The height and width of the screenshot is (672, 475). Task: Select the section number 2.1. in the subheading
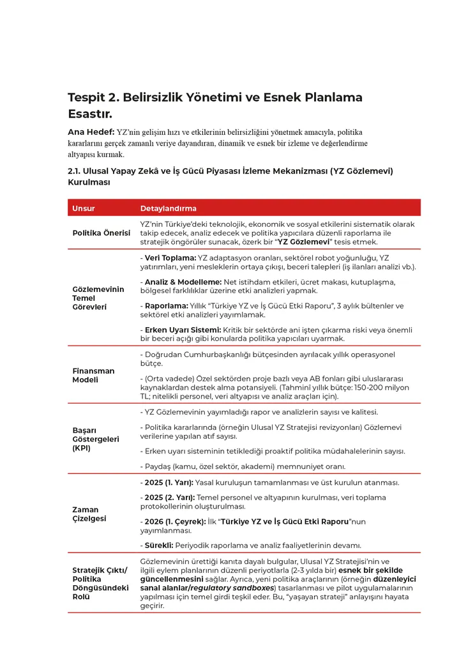point(77,171)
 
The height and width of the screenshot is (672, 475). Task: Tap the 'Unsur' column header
point(84,208)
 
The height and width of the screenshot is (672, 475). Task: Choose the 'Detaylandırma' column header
point(168,208)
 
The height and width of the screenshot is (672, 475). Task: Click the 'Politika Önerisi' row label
point(101,233)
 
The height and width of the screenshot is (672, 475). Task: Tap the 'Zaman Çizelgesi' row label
point(86,514)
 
